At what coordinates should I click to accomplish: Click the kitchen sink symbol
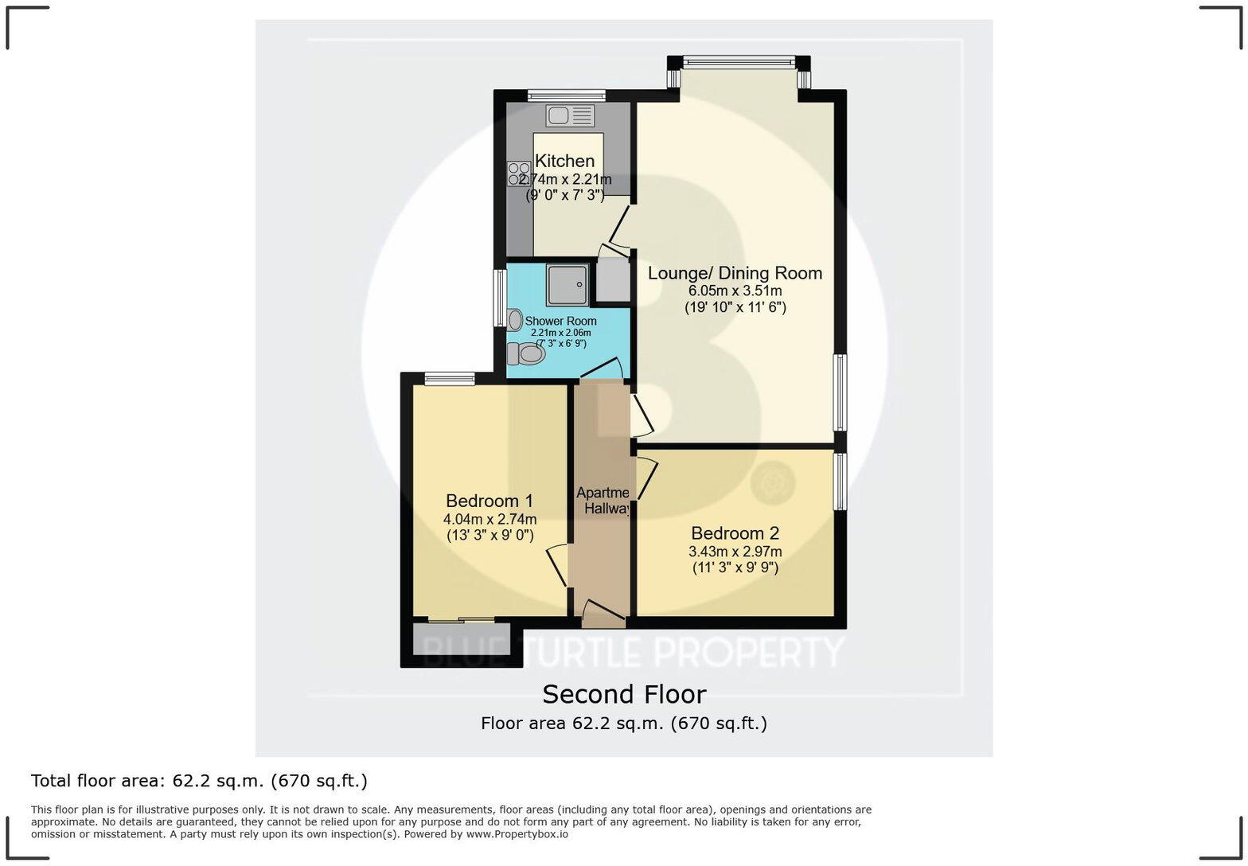pyautogui.click(x=570, y=115)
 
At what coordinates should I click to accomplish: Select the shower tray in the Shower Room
pyautogui.click(x=568, y=285)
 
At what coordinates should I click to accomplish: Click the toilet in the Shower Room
pyautogui.click(x=526, y=353)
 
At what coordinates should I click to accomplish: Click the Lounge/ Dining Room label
pyautogui.click(x=735, y=273)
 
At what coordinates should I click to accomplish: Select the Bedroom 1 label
pyautogui.click(x=489, y=501)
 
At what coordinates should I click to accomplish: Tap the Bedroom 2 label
pyautogui.click(x=735, y=533)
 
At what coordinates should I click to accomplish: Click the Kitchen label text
pyautogui.click(x=564, y=161)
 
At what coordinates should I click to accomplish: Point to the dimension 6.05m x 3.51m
pyautogui.click(x=735, y=291)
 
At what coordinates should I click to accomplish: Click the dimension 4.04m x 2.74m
pyautogui.click(x=489, y=519)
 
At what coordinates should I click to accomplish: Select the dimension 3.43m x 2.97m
pyautogui.click(x=735, y=552)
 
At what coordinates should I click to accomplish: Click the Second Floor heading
pyautogui.click(x=624, y=694)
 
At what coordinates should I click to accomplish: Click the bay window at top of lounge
pyautogui.click(x=739, y=60)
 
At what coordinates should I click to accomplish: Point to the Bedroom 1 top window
pyautogui.click(x=450, y=379)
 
